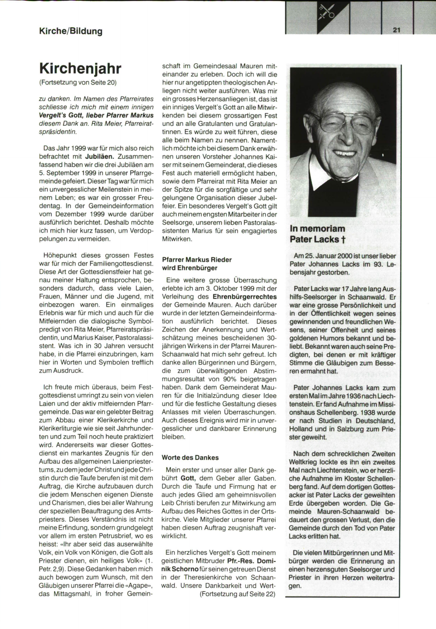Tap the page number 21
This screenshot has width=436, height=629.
click(396, 30)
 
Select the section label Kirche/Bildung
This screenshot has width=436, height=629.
click(70, 31)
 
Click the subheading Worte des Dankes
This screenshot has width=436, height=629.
click(190, 458)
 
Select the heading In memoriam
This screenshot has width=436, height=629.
click(317, 229)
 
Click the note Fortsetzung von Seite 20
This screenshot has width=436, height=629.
click(78, 82)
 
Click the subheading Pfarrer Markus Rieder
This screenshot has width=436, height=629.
click(197, 260)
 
